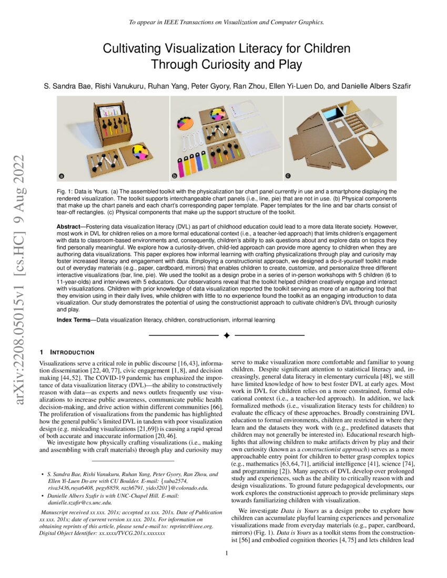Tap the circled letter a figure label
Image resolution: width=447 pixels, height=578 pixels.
[62, 175]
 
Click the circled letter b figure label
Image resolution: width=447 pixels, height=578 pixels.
[175, 175]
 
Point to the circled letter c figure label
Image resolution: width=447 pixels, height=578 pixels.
[288, 175]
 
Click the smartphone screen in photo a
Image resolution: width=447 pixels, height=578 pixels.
[110, 111]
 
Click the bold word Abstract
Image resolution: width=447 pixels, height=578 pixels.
[69, 225]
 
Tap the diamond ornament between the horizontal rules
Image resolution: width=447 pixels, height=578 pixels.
[227, 335]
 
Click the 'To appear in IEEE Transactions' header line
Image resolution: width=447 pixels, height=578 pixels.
[226, 23]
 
